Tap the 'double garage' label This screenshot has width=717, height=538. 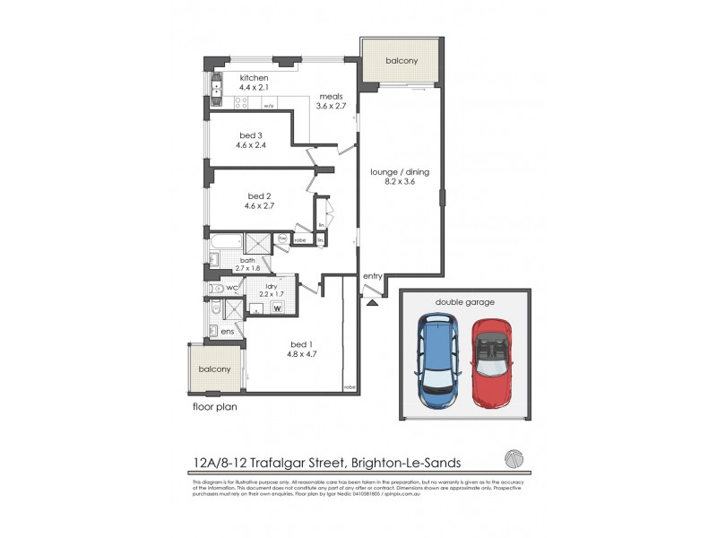click(x=465, y=302)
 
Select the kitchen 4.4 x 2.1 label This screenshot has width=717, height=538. click(x=254, y=83)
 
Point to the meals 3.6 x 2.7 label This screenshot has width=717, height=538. click(x=332, y=100)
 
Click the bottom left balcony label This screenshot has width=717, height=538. click(x=215, y=369)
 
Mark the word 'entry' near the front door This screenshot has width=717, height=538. click(x=372, y=277)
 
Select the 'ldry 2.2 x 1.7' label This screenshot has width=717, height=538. click(x=271, y=290)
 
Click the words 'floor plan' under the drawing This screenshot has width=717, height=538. click(x=215, y=406)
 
